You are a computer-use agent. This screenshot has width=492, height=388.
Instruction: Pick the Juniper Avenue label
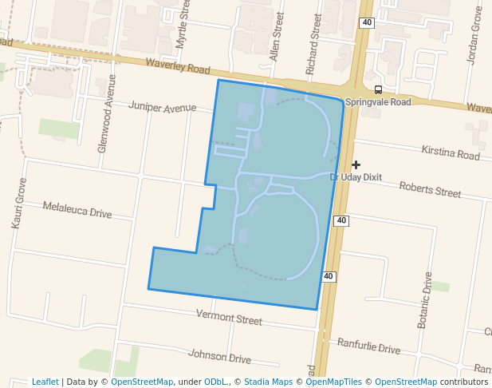point(162,107)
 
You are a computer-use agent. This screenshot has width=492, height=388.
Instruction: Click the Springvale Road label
point(378,102)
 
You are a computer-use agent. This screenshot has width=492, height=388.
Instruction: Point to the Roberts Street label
point(430,192)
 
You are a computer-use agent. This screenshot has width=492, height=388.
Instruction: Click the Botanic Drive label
point(424,299)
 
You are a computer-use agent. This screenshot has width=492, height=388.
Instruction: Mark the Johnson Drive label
point(219,356)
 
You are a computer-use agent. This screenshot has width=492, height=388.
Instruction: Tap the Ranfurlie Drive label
point(368,347)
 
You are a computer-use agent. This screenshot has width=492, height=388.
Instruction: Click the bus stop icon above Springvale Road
point(378,89)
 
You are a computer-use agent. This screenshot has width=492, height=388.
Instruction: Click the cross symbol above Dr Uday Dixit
point(356,164)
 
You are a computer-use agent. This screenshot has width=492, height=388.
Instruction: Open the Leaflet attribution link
point(45,382)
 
